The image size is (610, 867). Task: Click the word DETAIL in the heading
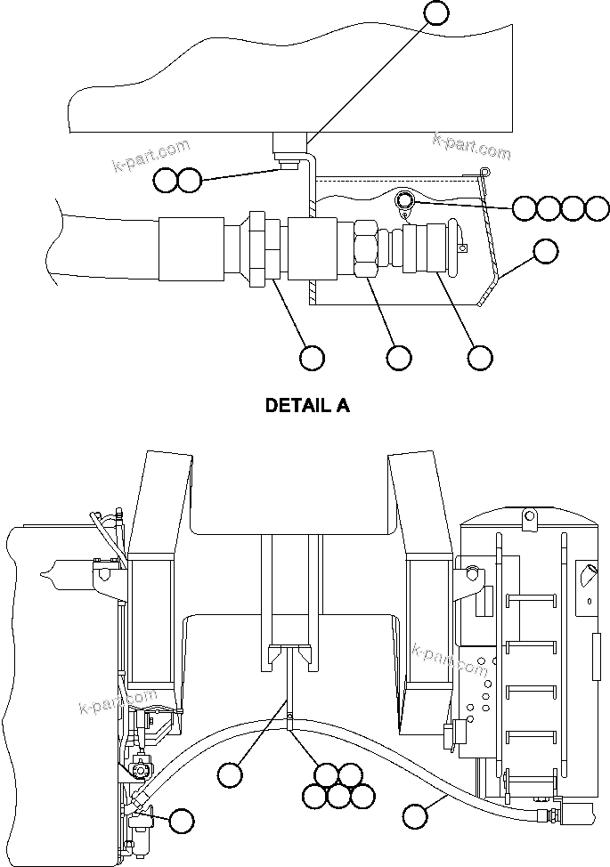click(297, 406)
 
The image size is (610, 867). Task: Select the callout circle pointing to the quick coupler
click(480, 357)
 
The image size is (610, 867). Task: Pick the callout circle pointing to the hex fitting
click(398, 357)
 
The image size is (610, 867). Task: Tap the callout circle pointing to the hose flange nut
click(312, 357)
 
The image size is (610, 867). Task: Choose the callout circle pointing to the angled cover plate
click(546, 252)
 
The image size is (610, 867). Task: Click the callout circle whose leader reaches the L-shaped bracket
click(436, 12)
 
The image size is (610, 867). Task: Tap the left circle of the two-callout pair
click(166, 180)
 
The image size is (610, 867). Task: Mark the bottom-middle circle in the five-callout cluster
click(338, 796)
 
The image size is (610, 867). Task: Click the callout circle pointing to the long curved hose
click(414, 814)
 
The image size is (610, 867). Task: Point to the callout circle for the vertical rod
click(231, 774)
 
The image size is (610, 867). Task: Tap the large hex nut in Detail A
click(364, 249)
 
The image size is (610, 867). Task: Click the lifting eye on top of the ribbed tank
click(527, 515)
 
